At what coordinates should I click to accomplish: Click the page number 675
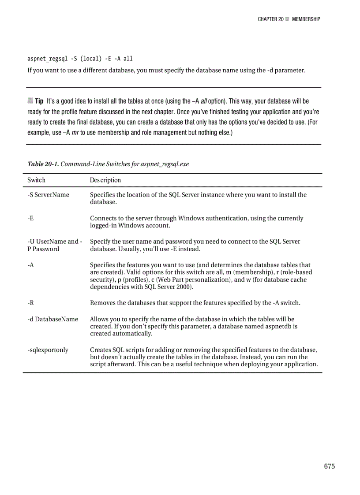coord(329,466)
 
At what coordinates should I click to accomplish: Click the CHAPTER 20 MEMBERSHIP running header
coord(289,19)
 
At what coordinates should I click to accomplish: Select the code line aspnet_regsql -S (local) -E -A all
coord(80,59)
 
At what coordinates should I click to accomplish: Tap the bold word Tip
coord(39,101)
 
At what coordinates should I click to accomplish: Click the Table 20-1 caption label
coord(43,164)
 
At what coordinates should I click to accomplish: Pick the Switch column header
coord(36,180)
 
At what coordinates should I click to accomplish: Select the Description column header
coord(105,180)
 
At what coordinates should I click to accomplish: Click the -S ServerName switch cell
coord(48,195)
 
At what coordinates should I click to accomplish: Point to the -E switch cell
coord(30,218)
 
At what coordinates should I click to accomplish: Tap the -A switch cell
coord(30,265)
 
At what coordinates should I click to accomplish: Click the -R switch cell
coord(30,303)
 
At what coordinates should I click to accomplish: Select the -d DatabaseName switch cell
coord(52,319)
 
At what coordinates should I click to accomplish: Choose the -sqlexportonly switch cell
coord(48,350)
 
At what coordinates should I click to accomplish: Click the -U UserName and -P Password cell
coord(54,245)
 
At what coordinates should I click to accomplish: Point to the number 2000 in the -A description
coord(184,287)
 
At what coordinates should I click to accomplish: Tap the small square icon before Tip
coord(30,101)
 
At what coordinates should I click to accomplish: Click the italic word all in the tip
coord(204,101)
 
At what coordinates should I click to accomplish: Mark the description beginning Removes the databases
coord(195,303)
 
